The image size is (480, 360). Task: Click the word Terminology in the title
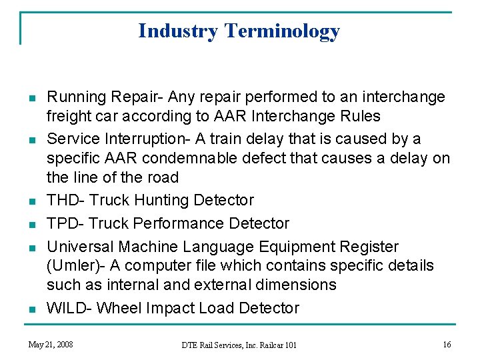click(x=282, y=31)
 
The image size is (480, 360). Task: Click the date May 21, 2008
click(x=51, y=345)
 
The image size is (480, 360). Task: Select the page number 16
click(x=446, y=345)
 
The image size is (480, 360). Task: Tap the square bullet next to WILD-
click(x=31, y=309)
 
